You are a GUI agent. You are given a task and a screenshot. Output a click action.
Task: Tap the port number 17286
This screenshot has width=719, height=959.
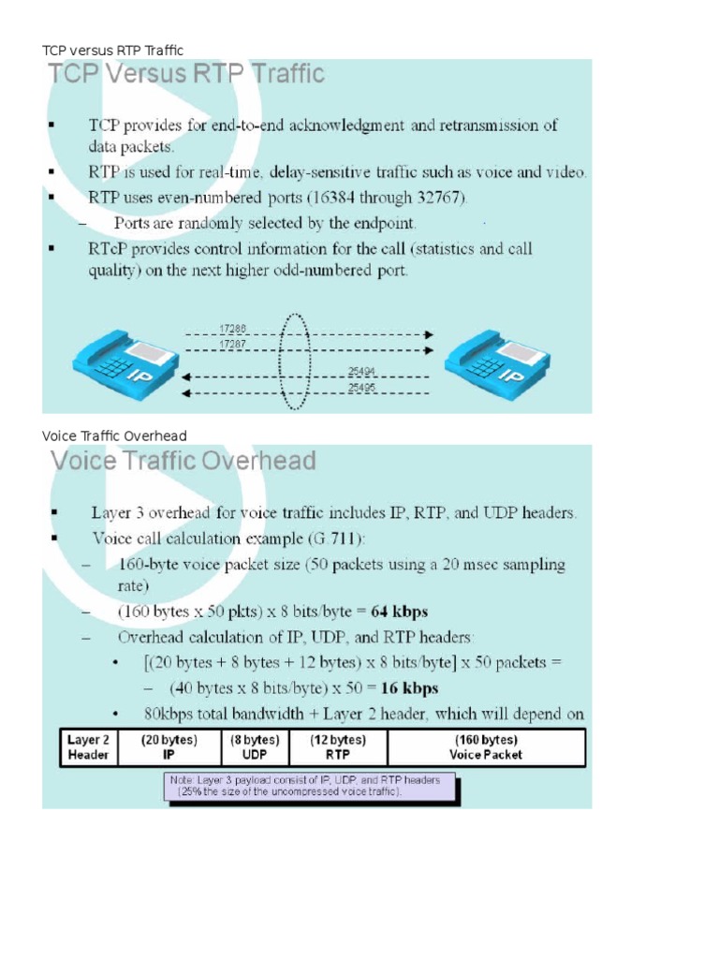click(x=233, y=329)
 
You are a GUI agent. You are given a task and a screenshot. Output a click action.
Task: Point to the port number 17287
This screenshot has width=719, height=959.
click(x=233, y=345)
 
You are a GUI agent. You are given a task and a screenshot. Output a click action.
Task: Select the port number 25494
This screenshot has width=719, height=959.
click(x=362, y=370)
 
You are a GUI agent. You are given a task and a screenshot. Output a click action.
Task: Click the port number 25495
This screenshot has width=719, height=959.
click(x=362, y=386)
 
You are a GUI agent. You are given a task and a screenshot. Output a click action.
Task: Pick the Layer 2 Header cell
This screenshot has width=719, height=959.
click(x=88, y=746)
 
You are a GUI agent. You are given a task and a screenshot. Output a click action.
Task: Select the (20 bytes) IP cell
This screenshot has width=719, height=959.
click(x=169, y=746)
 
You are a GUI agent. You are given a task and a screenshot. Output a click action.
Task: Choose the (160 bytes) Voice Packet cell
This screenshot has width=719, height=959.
click(x=486, y=746)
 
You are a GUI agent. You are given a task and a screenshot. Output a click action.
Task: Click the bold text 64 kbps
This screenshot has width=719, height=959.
click(x=400, y=612)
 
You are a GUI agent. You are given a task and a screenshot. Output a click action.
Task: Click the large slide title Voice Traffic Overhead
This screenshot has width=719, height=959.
click(x=183, y=461)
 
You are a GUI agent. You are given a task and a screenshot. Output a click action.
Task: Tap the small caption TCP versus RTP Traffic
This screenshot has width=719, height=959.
click(x=113, y=50)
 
